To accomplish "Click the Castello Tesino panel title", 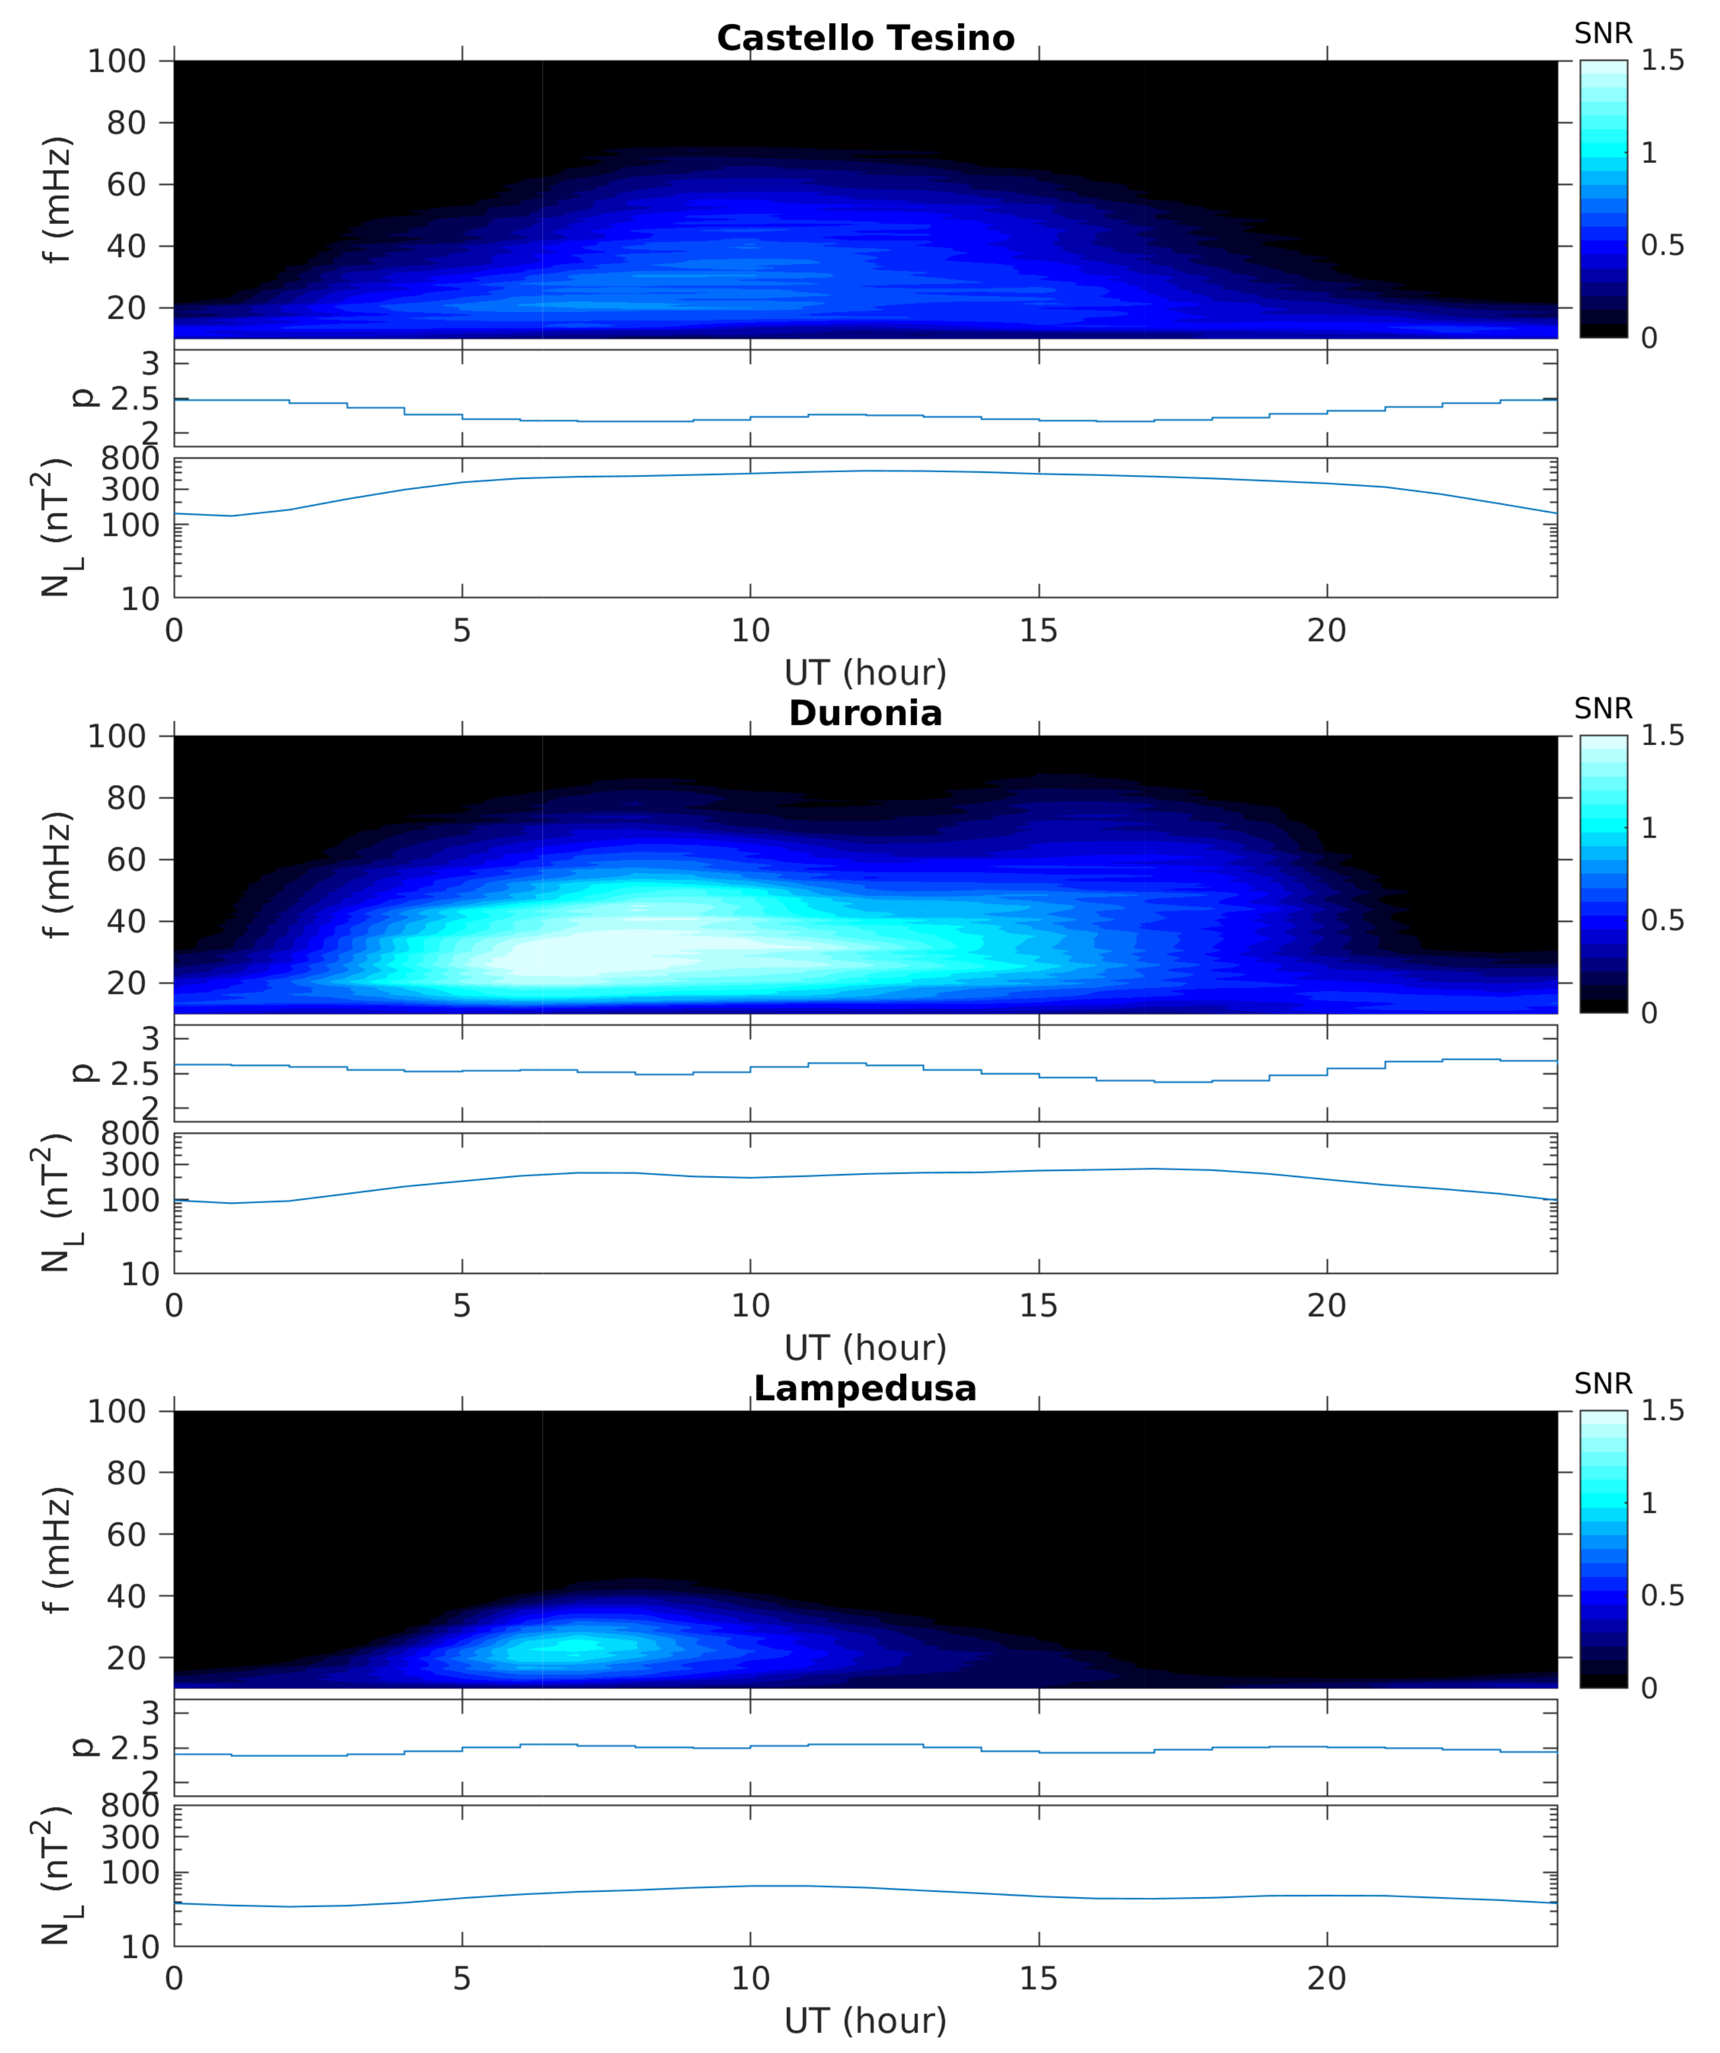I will tap(865, 38).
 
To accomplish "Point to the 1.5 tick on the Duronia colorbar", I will tap(1662, 735).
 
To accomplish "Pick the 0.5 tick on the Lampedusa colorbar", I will tap(1662, 1595).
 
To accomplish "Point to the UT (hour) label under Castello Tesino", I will tap(865, 672).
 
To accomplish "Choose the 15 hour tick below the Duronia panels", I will tap(1038, 1306).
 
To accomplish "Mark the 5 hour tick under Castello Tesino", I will tap(461, 631).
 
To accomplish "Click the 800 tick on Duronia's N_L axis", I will tap(130, 1134).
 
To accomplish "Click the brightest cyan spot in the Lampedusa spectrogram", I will tap(577, 1645).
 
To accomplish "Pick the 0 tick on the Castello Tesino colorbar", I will tap(1649, 338).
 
